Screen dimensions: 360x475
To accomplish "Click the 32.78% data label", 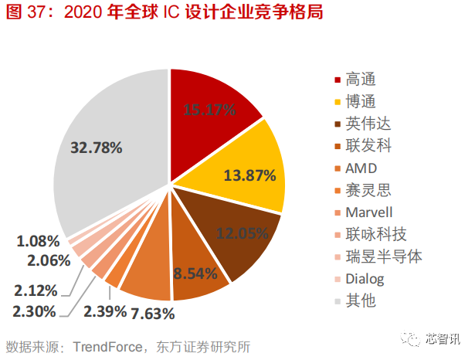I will pyautogui.click(x=97, y=147).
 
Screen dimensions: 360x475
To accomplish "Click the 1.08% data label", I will pyautogui.click(x=38, y=241).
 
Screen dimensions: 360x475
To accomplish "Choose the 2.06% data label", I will pyautogui.click(x=38, y=261).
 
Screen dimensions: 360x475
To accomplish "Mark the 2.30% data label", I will pyautogui.click(x=34, y=312).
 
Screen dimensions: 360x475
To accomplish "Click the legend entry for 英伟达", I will pyautogui.click(x=365, y=123).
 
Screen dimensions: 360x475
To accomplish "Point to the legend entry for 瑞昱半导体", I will pyautogui.click(x=378, y=256).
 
